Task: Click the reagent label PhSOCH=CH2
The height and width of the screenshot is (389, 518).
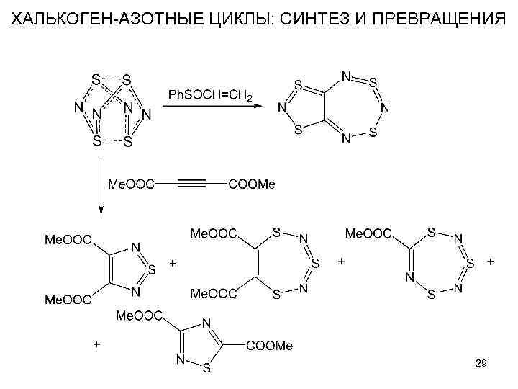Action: click(x=209, y=95)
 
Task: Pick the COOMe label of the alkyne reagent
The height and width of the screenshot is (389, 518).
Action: click(x=251, y=184)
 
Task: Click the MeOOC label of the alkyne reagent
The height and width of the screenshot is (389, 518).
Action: click(x=130, y=184)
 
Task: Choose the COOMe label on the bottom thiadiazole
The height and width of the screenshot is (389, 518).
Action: click(x=270, y=346)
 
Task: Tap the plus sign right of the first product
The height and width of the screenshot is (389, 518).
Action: click(x=172, y=263)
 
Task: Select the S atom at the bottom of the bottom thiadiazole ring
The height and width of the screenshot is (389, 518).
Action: click(x=206, y=370)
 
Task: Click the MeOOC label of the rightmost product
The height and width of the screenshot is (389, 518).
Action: click(x=369, y=233)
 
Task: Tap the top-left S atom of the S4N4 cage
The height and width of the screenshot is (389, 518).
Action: click(x=95, y=77)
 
